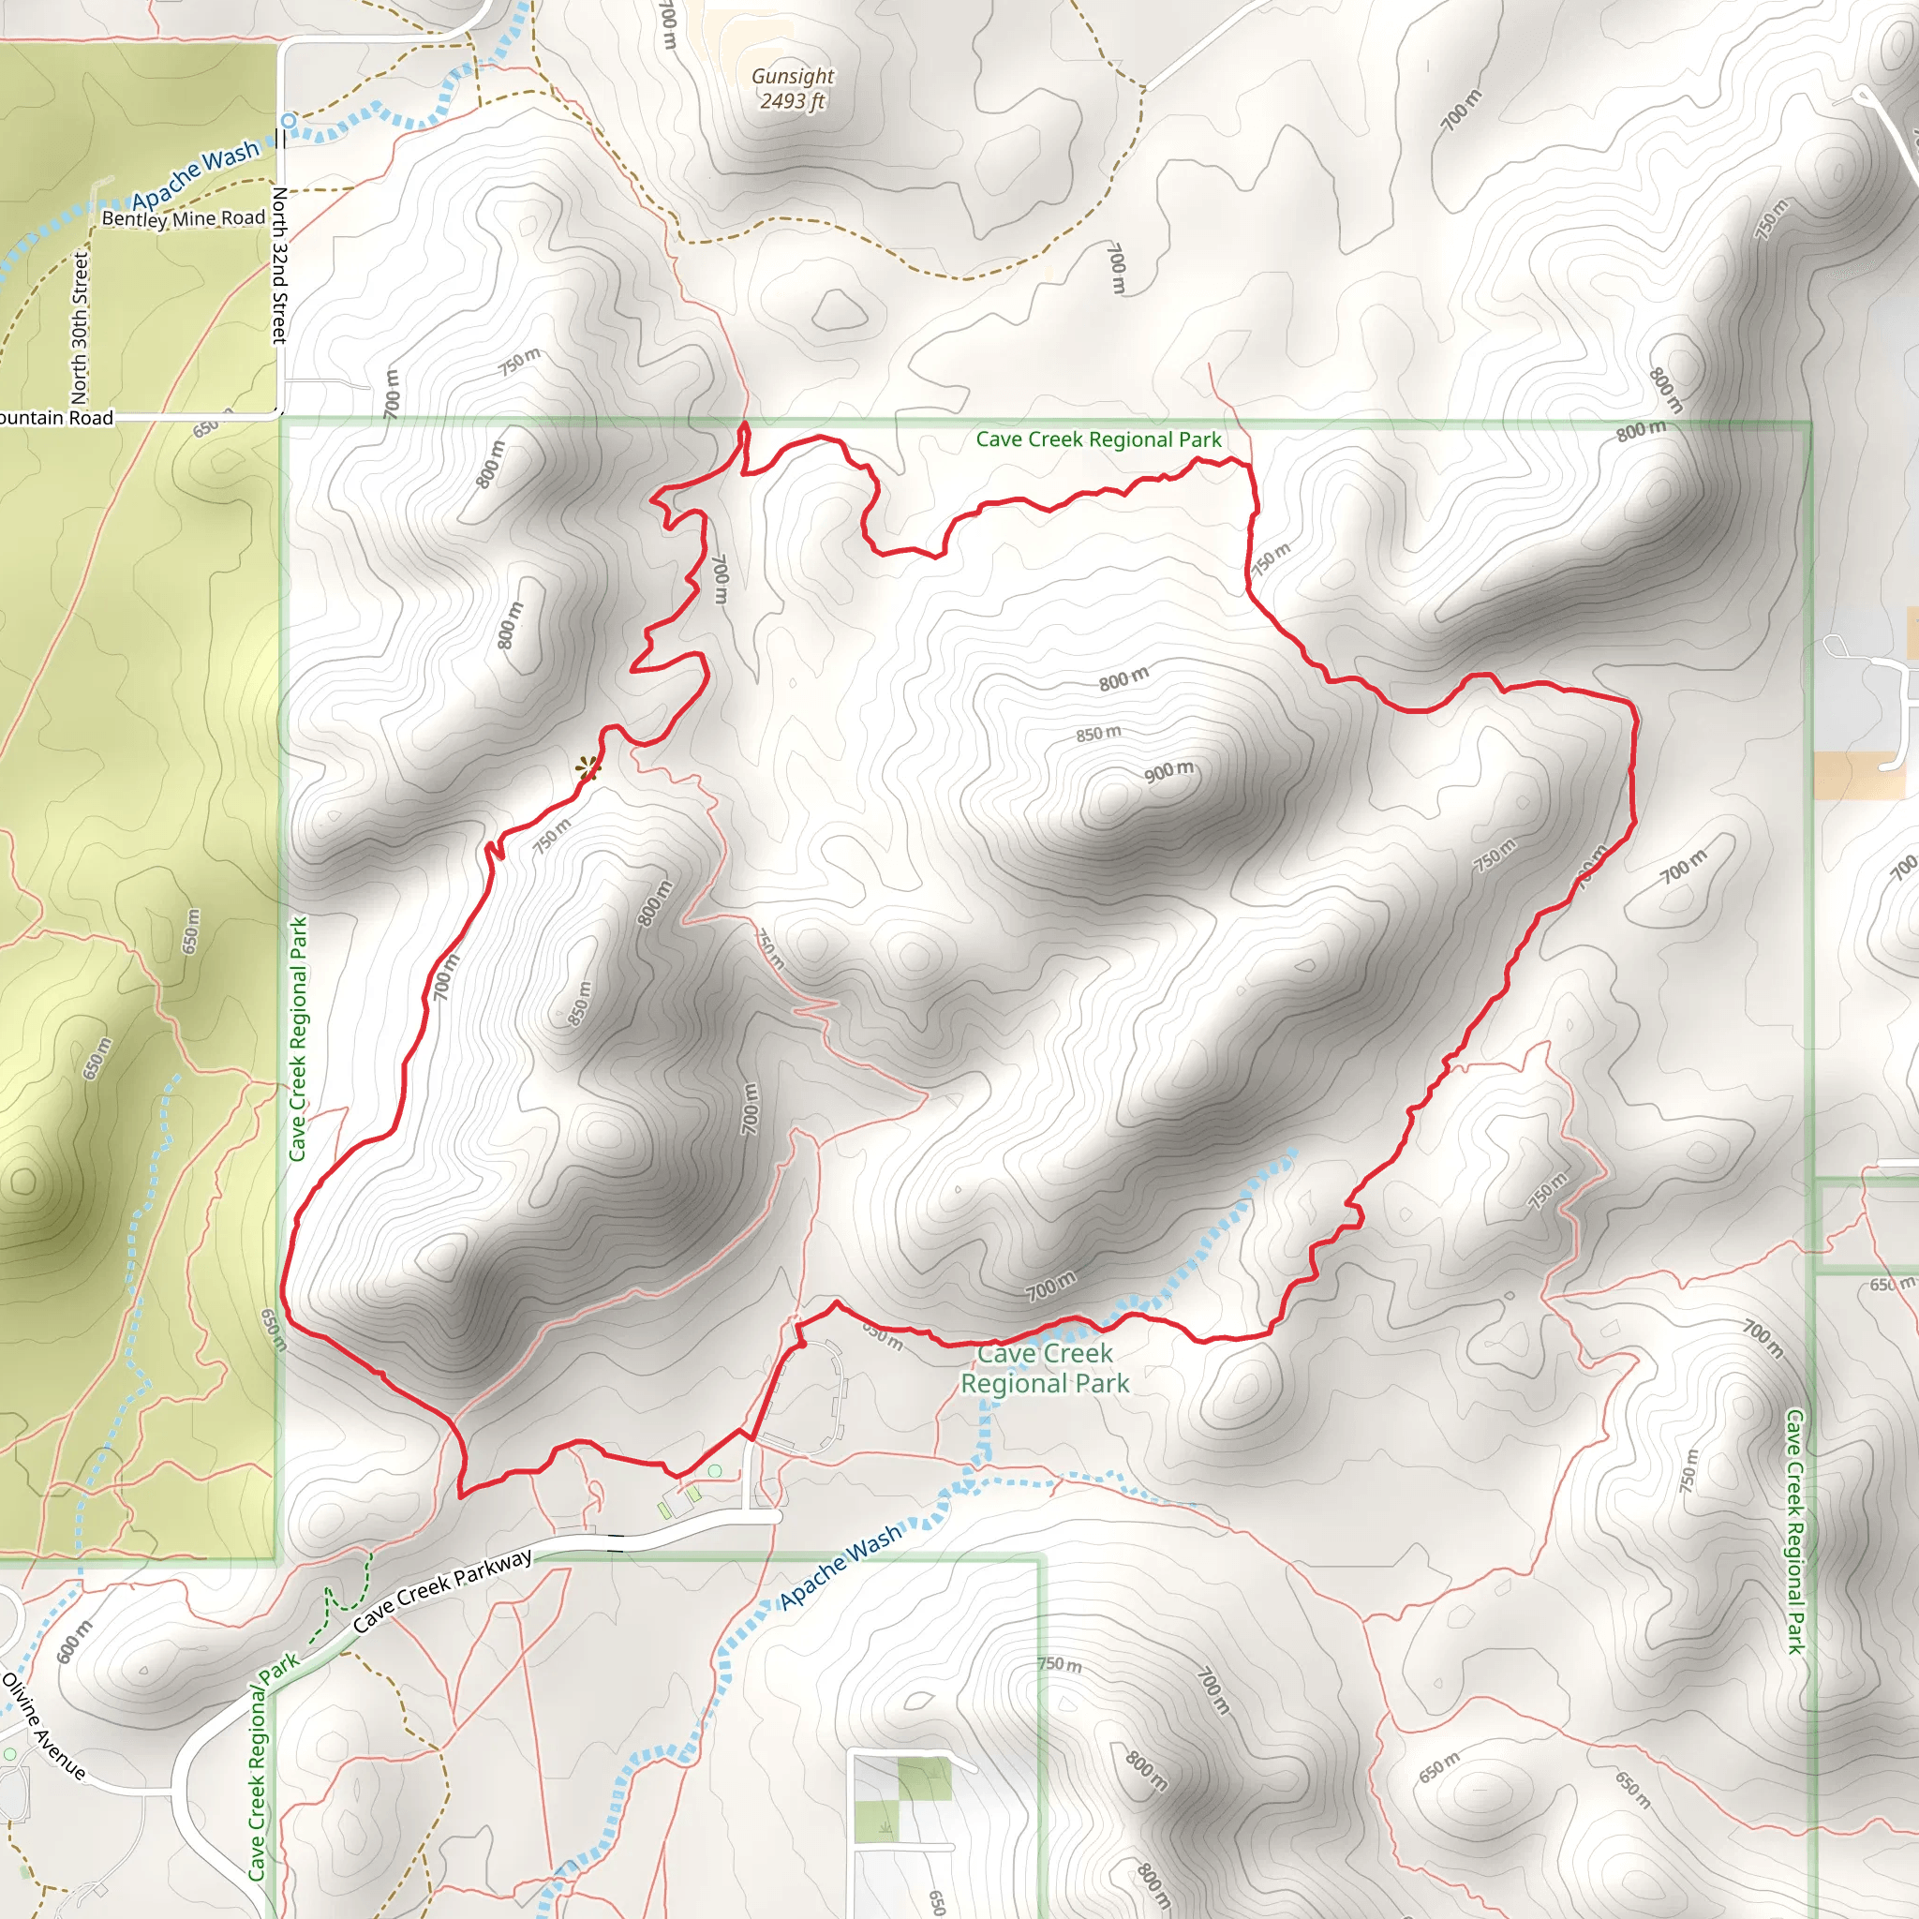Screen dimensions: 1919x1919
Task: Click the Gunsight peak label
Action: point(793,76)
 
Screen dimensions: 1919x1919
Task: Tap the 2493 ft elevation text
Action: point(793,101)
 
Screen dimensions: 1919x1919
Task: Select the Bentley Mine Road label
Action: point(184,217)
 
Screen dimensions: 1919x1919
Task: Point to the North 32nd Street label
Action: point(280,265)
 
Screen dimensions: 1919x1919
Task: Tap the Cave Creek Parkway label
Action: point(443,1589)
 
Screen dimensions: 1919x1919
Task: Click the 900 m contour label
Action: point(1168,771)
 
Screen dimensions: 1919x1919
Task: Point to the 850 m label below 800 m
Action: point(1098,733)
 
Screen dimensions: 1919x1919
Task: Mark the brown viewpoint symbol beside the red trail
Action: point(589,766)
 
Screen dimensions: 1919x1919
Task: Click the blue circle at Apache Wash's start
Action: point(288,121)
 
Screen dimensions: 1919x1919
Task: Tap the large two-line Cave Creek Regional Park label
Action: point(1045,1368)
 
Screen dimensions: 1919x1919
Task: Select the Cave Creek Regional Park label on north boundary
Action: point(1098,439)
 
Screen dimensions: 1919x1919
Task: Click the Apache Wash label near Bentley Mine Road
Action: point(196,174)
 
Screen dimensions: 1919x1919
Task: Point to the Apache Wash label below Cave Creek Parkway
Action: point(840,1566)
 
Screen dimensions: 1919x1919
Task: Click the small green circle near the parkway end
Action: point(714,1471)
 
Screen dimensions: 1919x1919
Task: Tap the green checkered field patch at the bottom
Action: point(925,1779)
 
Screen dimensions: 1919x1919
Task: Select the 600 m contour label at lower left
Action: point(75,1640)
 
